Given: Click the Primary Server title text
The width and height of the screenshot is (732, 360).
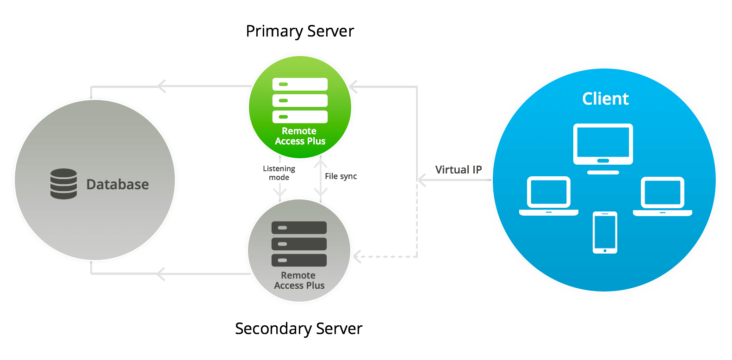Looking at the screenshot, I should pos(300,31).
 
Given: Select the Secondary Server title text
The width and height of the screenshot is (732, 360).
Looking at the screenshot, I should pos(298,329).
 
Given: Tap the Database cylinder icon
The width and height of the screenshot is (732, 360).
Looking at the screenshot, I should pos(64,184).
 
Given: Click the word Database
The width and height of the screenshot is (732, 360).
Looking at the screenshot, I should pos(118,185).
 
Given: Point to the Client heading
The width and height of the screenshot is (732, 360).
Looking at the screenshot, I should pos(605,99).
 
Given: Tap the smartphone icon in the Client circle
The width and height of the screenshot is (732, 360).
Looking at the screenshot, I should pos(605,232).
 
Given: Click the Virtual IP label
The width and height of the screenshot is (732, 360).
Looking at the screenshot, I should pos(458,170).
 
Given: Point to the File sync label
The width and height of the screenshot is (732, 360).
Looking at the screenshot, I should pos(341,176).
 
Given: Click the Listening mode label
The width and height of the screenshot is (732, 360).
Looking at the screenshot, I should pos(279,173).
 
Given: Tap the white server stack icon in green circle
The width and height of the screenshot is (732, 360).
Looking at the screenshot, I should pos(300,100).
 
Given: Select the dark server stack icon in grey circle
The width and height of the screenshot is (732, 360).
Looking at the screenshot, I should pos(299,244).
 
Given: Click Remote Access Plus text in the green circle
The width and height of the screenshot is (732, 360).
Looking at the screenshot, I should pos(300,136).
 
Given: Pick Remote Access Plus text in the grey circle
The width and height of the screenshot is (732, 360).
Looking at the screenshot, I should pos(299,280).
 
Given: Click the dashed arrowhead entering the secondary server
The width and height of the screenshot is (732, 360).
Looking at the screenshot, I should pos(358,256).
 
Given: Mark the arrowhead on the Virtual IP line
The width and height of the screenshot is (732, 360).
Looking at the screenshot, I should pos(422,180).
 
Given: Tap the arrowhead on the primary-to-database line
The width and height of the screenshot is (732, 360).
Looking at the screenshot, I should pos(161,86).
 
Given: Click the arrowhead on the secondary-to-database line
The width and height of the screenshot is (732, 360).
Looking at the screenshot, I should pos(161,274).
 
